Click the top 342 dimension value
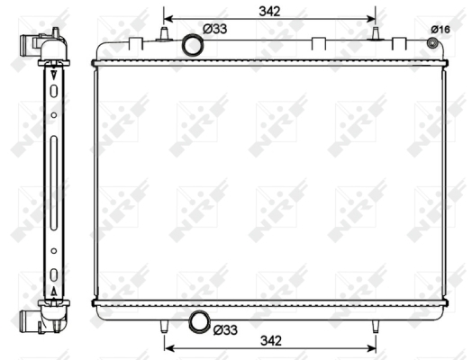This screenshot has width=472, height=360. (269, 12)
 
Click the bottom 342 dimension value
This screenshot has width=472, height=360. (271, 341)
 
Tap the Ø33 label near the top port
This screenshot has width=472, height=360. (214, 29)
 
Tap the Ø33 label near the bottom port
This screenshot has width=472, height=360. (225, 330)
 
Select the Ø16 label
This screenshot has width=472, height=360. (440, 30)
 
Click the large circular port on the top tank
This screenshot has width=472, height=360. (193, 45)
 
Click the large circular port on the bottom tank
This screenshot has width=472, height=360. (199, 322)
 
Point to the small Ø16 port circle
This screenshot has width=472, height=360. (432, 43)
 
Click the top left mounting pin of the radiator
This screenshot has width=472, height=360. (164, 33)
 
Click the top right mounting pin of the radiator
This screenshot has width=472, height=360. (376, 33)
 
